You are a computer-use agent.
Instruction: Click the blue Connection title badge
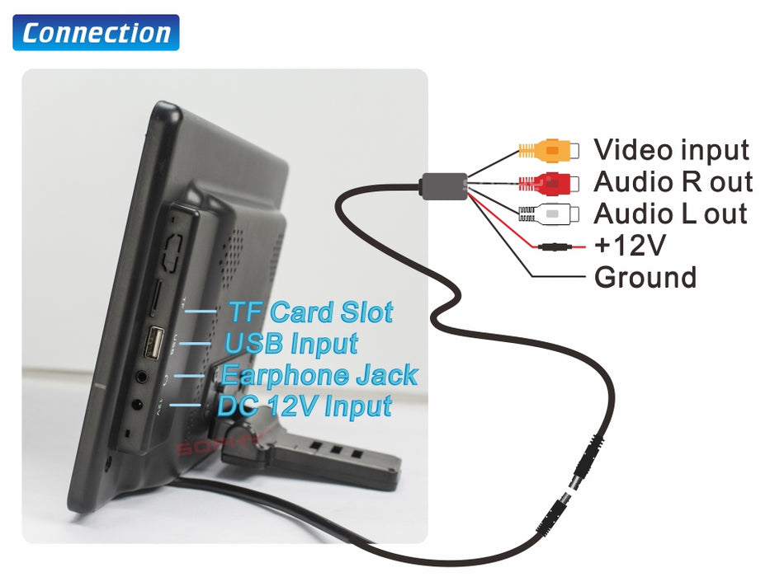coord(96,33)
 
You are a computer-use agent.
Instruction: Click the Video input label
coord(671,150)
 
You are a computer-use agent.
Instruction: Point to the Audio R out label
coord(673,181)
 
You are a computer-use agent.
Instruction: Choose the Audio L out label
coord(670,213)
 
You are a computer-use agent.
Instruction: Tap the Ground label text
coord(645,277)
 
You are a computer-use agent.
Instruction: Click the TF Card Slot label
coord(309,312)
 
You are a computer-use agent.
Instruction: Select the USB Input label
coord(291,343)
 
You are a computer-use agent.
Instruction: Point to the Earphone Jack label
coord(319,375)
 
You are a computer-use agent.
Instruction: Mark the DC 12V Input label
coord(304,406)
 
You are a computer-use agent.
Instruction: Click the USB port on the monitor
coord(154,342)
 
